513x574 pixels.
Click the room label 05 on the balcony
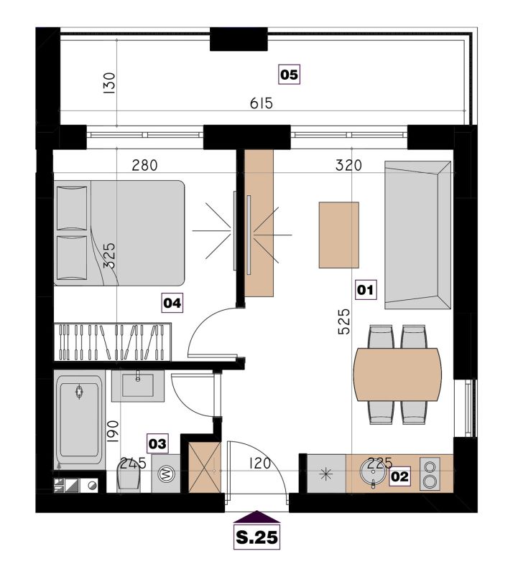click(290, 75)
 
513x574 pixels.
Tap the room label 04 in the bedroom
click(172, 303)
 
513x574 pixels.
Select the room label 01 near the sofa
click(366, 290)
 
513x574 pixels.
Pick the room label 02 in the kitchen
click(399, 476)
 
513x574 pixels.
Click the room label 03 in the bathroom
click(157, 443)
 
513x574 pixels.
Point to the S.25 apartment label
click(256, 537)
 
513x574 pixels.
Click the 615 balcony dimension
click(262, 103)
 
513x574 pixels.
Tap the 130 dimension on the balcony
click(110, 83)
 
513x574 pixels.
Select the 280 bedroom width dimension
click(145, 166)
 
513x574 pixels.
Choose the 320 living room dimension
click(348, 166)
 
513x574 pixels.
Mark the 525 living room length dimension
click(344, 321)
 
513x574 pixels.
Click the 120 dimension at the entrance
click(260, 464)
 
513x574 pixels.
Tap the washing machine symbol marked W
click(166, 474)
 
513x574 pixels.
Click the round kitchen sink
click(373, 471)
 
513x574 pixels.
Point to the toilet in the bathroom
click(129, 476)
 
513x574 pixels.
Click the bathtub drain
click(79, 392)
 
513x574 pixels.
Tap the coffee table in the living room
click(339, 235)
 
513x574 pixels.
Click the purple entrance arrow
click(256, 517)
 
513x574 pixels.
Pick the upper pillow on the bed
click(73, 208)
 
